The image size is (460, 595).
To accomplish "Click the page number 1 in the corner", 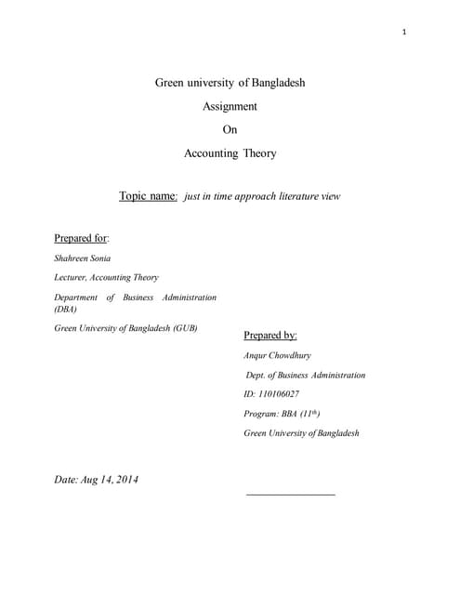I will [x=405, y=33].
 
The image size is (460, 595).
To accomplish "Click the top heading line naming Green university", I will [x=230, y=83].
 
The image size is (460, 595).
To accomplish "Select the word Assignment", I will [x=230, y=106].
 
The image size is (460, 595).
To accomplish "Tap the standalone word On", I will [x=230, y=130].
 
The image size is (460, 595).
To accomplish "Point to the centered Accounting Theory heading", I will [x=230, y=153].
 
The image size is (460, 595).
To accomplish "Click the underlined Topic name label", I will [x=148, y=196].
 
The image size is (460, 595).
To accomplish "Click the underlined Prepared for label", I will [x=82, y=238].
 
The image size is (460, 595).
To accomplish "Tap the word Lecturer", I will [x=73, y=277].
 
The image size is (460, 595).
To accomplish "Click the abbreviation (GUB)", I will [x=182, y=328].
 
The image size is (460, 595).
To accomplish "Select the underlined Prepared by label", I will [x=269, y=335].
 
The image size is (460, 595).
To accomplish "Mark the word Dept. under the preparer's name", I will [x=256, y=375].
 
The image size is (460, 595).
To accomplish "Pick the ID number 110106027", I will [x=281, y=394].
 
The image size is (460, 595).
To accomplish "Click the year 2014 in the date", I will [x=124, y=480].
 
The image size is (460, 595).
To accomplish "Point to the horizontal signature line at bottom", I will [x=290, y=495].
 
